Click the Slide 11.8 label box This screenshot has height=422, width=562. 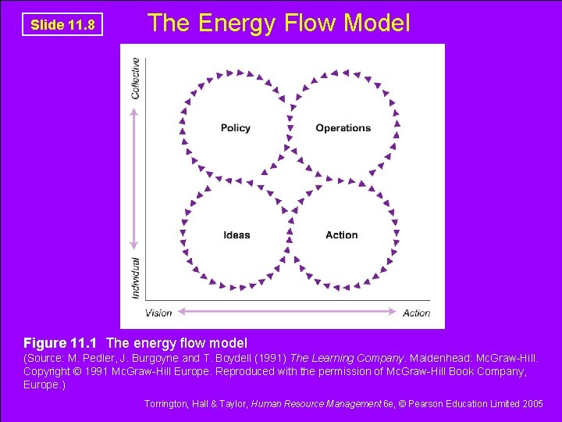click(62, 25)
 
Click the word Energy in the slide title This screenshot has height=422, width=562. click(235, 23)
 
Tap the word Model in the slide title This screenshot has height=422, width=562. click(377, 23)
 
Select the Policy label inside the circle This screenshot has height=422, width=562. click(235, 128)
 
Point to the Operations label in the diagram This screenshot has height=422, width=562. click(343, 128)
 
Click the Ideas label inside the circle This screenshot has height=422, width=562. click(237, 234)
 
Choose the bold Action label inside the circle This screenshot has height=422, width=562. click(342, 234)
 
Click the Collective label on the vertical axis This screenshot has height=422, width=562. click(137, 78)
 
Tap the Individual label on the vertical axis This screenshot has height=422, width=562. click(137, 277)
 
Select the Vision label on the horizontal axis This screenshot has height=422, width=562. click(158, 313)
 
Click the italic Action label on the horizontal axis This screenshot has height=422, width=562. click(416, 313)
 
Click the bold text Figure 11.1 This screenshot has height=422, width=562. click(62, 343)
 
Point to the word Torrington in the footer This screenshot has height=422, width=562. click(169, 404)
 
